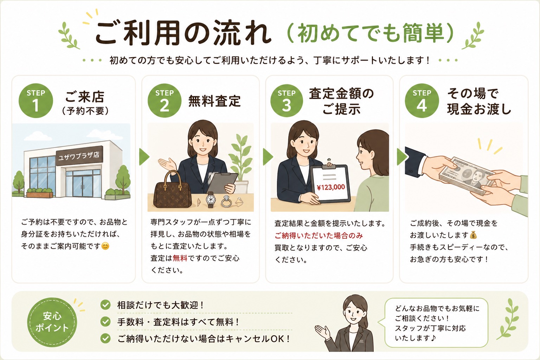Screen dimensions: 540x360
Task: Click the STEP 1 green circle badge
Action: point(36,101)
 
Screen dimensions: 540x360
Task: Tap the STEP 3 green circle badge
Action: point(287,101)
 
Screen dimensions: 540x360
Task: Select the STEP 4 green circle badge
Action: point(422,101)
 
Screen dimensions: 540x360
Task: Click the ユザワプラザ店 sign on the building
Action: point(79,155)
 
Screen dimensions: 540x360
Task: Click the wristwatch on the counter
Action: point(211,199)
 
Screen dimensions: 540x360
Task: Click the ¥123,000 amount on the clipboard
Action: point(331,187)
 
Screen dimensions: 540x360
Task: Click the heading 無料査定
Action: point(214,101)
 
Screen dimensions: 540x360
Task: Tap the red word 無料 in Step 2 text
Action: point(180,258)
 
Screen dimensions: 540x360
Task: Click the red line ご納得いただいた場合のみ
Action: point(319,236)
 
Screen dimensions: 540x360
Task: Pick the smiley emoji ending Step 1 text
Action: point(105,246)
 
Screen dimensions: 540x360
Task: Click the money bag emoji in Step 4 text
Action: point(473,235)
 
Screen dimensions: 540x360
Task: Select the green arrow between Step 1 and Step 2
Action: point(144,157)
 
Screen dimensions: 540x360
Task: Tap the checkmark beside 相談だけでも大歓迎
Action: point(105,305)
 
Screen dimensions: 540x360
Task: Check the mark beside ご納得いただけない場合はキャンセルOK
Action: point(105,338)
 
